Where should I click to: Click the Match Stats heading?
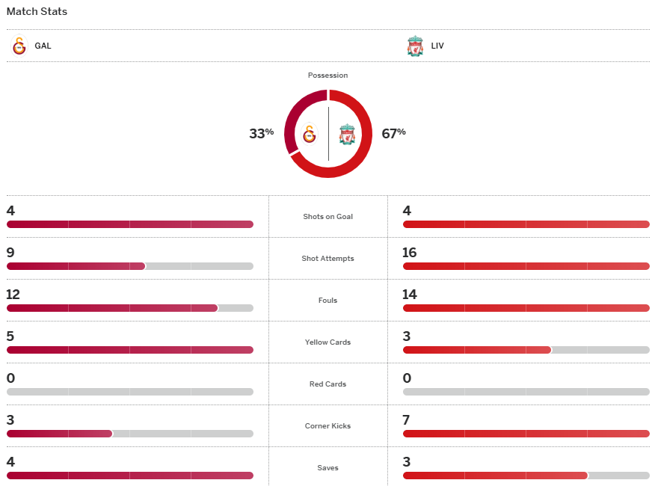click(37, 12)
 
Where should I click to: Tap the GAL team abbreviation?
click(43, 46)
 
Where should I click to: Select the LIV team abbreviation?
click(437, 46)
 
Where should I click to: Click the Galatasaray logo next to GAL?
click(19, 46)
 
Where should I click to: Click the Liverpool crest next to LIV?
click(415, 46)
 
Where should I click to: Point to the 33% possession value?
click(261, 133)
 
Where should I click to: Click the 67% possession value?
click(393, 133)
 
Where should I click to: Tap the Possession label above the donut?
click(327, 76)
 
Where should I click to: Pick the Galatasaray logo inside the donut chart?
click(310, 135)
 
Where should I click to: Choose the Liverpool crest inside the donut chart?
click(346, 135)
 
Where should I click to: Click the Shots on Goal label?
click(327, 217)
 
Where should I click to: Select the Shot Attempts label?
click(327, 259)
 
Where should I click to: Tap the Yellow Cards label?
click(327, 342)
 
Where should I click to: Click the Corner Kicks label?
click(327, 426)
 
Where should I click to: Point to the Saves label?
click(327, 468)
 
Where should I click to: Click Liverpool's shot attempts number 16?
click(409, 253)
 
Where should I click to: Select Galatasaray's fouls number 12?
click(13, 295)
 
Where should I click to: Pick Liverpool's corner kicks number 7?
click(407, 420)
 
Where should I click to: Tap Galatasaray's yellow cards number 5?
click(10, 336)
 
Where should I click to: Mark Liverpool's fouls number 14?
click(409, 295)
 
